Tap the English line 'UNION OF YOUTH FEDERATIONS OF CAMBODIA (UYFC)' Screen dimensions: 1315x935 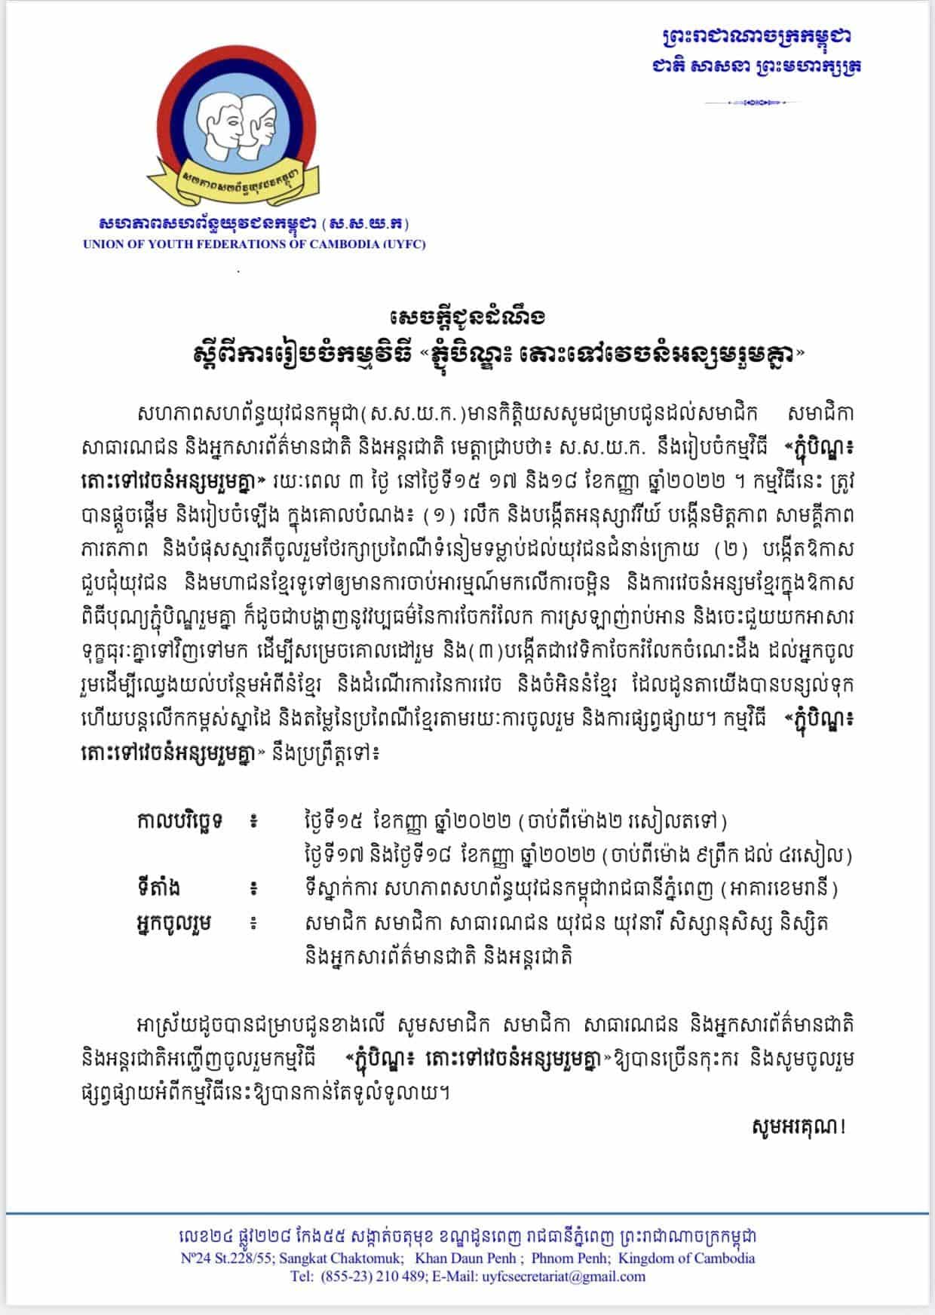click(254, 244)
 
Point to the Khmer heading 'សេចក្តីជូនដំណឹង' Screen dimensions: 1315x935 click(468, 314)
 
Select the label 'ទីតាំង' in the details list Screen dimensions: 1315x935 click(155, 889)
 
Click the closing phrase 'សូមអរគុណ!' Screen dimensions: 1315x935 click(799, 1127)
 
